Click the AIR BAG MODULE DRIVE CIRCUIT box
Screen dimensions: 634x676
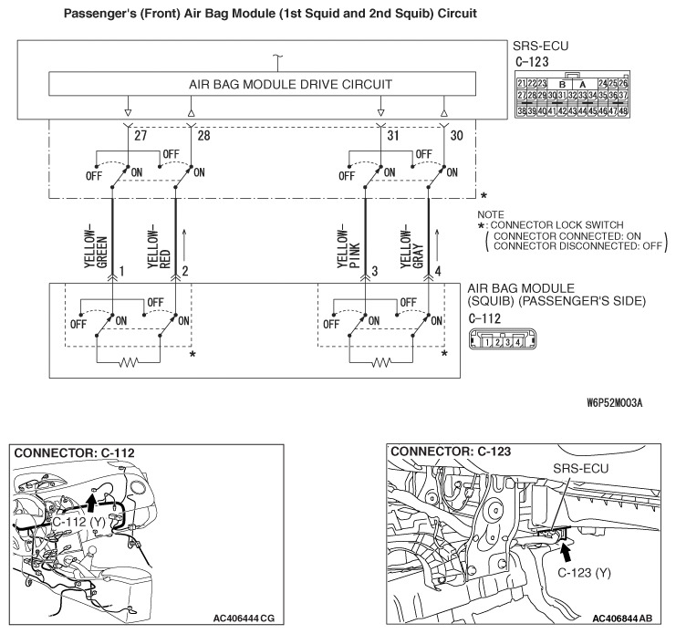coord(264,84)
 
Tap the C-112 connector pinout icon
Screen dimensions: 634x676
coord(494,342)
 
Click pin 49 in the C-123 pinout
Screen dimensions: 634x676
coord(647,110)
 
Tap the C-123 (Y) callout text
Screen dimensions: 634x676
coord(585,576)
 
